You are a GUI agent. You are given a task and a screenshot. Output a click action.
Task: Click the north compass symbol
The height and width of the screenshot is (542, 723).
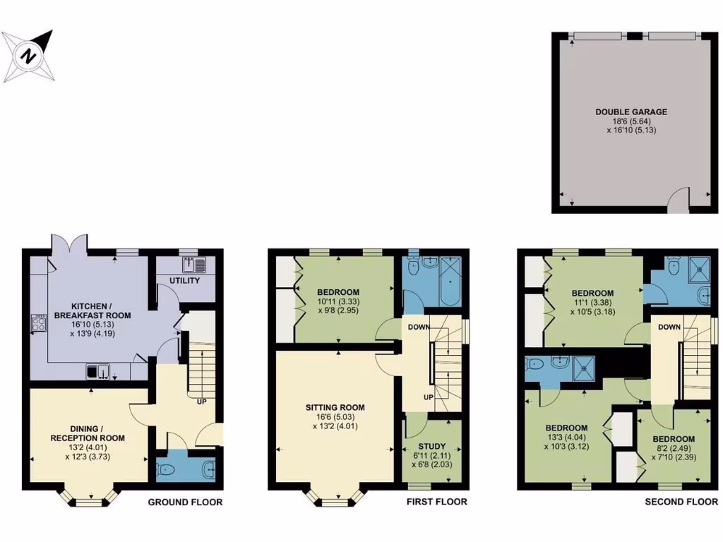tap(29, 56)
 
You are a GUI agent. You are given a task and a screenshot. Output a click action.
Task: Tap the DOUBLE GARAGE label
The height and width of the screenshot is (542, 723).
tap(631, 112)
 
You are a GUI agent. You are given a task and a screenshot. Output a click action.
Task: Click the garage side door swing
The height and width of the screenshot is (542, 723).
tap(677, 200)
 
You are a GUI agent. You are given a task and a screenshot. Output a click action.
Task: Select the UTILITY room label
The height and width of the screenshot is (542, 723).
tap(184, 281)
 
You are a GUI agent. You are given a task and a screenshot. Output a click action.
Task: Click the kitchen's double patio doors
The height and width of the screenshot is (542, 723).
tap(68, 244)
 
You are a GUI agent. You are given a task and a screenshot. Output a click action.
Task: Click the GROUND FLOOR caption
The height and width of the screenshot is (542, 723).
tap(185, 502)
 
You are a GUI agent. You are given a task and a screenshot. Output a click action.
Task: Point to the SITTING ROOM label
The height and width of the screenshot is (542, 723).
tap(335, 407)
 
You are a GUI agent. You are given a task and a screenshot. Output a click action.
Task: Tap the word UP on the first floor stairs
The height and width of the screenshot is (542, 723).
tap(428, 397)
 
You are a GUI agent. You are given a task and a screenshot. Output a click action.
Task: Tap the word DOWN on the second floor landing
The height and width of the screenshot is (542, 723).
tap(669, 327)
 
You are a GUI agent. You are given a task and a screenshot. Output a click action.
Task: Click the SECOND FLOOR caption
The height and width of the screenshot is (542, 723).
tap(681, 502)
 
